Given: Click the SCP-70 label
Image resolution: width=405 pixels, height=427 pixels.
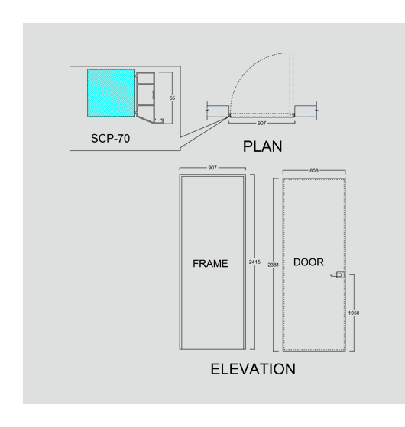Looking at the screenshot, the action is pyautogui.click(x=110, y=138).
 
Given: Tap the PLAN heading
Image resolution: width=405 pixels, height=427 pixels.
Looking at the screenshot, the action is pyautogui.click(x=263, y=146).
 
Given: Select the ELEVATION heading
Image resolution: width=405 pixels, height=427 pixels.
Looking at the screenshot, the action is pyautogui.click(x=253, y=369).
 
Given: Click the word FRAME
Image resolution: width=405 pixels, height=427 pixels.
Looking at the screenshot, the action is pyautogui.click(x=210, y=263).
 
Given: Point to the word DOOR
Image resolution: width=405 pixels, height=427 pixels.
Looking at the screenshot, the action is pyautogui.click(x=309, y=262).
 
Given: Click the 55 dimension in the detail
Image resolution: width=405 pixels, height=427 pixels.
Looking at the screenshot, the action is pyautogui.click(x=172, y=98).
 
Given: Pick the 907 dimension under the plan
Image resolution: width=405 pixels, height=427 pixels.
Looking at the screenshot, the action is pyautogui.click(x=261, y=123).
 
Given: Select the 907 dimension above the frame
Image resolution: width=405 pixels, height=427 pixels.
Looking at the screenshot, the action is pyautogui.click(x=212, y=168).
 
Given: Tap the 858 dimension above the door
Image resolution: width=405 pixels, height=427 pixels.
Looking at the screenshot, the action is pyautogui.click(x=314, y=170).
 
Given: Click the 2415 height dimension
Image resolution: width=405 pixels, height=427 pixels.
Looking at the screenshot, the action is pyautogui.click(x=254, y=262).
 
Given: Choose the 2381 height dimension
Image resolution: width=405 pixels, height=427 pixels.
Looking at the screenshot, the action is pyautogui.click(x=274, y=265).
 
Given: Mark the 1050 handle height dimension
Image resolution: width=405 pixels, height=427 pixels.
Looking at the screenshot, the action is pyautogui.click(x=353, y=313).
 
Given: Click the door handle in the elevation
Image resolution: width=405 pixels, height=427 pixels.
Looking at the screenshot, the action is pyautogui.click(x=338, y=275).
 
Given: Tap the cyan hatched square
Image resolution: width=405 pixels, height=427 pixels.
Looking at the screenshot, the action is pyautogui.click(x=111, y=93).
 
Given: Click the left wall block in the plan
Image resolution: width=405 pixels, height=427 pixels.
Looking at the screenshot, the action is pyautogui.click(x=218, y=111).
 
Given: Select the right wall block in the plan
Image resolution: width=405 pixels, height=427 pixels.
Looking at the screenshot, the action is pyautogui.click(x=306, y=111).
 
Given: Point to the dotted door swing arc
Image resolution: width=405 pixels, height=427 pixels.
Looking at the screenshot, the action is pyautogui.click(x=247, y=68).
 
